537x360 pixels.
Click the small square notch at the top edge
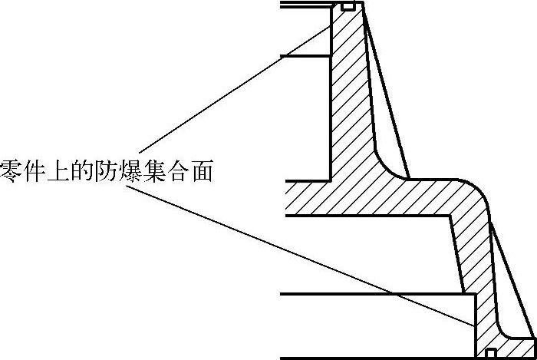pyautogui.click(x=348, y=7)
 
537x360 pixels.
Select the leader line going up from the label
pyautogui.click(x=230, y=92)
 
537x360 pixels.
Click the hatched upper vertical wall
pyautogui.click(x=349, y=92)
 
